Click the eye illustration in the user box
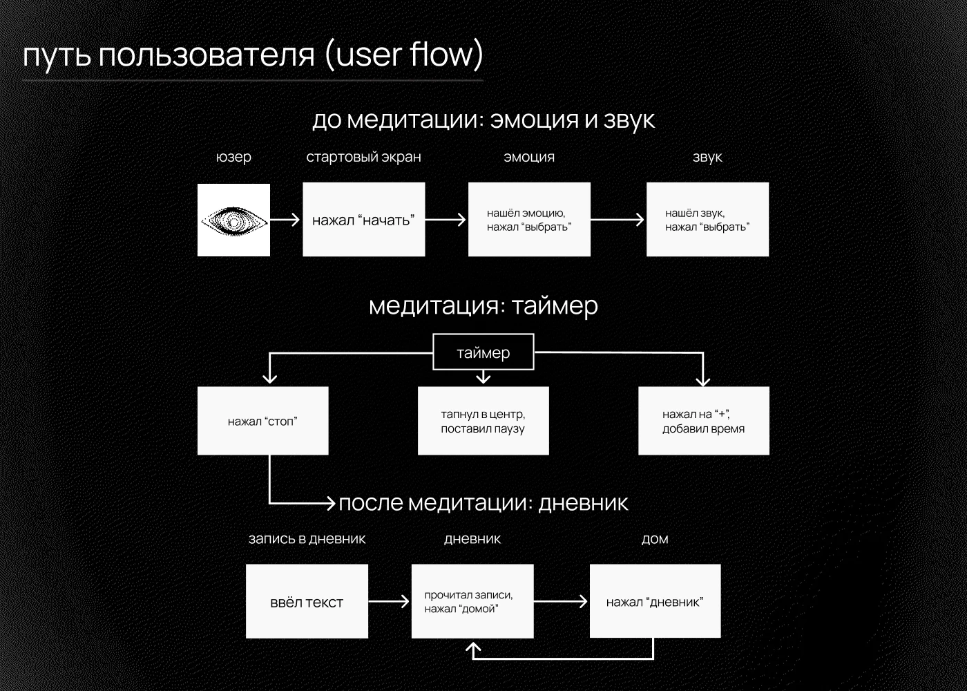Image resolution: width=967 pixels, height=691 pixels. click(x=233, y=220)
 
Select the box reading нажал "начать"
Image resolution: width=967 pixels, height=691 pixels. click(x=363, y=220)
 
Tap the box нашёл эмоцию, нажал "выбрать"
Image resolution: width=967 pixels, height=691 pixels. click(x=529, y=220)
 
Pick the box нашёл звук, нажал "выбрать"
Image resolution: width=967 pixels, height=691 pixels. click(x=707, y=220)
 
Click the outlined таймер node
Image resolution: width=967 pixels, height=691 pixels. click(x=483, y=353)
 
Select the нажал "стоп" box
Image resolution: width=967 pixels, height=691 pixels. click(x=262, y=421)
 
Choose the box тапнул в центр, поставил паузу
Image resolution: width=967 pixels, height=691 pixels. click(x=483, y=421)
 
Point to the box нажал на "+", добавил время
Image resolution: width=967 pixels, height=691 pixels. click(x=703, y=421)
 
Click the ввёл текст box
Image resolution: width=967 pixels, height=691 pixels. click(x=307, y=602)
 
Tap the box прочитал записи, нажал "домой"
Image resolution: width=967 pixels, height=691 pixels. click(x=472, y=602)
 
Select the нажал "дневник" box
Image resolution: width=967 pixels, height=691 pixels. click(x=655, y=602)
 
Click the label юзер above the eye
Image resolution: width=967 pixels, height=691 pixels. click(x=233, y=158)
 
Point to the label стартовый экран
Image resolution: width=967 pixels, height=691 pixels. click(x=363, y=158)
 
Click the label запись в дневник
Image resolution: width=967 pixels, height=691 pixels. click(x=307, y=539)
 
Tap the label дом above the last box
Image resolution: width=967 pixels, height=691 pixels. click(x=655, y=539)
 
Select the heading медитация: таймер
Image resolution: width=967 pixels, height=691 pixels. click(x=483, y=305)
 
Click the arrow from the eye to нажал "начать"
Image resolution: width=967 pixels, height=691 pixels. click(x=285, y=220)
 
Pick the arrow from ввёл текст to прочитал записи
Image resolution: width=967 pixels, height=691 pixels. click(x=389, y=602)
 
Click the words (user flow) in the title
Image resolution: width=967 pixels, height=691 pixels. click(x=403, y=55)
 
